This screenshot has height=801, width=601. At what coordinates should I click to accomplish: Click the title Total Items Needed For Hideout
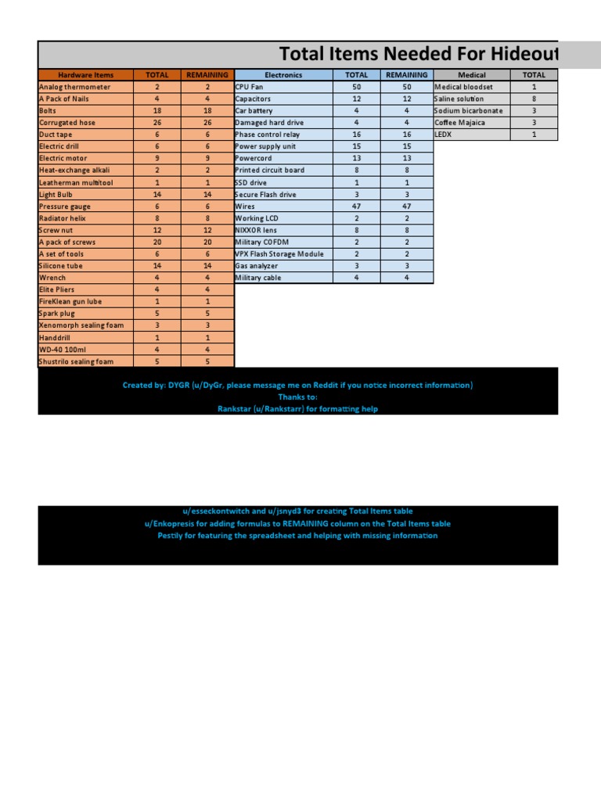[419, 54]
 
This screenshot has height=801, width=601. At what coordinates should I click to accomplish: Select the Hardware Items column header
[86, 75]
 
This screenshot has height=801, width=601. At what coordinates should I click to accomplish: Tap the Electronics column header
[283, 75]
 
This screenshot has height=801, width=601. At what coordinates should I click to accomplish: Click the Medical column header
[472, 75]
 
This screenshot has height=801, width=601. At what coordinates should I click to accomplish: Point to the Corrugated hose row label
[67, 123]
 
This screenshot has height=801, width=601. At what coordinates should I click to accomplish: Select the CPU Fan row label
[250, 87]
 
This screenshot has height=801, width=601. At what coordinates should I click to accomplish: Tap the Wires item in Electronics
[245, 207]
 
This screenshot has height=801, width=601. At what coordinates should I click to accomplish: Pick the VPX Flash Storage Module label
[279, 254]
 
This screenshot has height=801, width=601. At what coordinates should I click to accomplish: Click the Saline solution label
[459, 99]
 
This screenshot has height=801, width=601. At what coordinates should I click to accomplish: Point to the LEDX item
[443, 135]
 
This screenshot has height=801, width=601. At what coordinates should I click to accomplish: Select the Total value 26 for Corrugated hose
[157, 123]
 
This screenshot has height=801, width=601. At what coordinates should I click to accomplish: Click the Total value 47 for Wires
[356, 207]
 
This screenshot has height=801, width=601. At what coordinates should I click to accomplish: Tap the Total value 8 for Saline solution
[534, 99]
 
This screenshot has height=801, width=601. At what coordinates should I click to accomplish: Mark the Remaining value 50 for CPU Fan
[407, 87]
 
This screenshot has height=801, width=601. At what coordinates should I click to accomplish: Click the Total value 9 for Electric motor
[157, 159]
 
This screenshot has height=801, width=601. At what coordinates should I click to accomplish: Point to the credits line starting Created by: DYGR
[297, 386]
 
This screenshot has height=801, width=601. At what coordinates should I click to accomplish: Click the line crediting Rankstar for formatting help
[297, 409]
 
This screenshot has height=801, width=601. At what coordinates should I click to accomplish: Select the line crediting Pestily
[297, 536]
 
